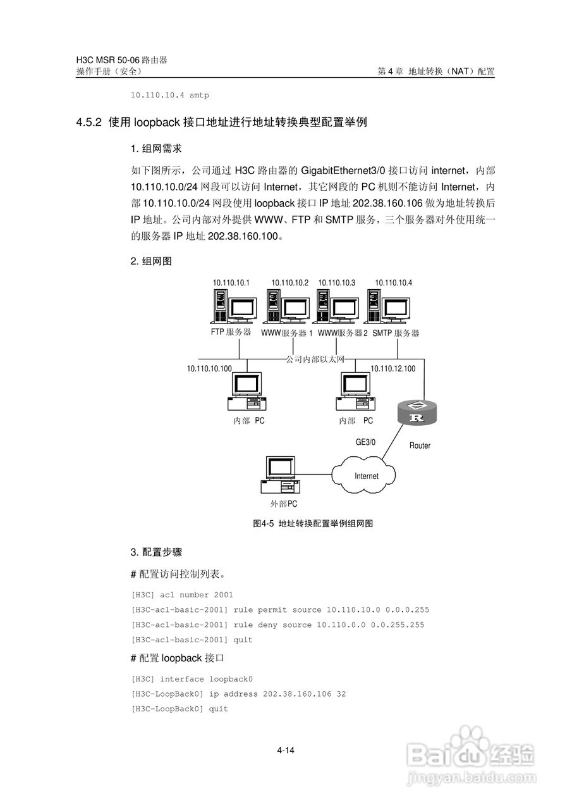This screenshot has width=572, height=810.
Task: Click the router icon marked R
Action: [416, 413]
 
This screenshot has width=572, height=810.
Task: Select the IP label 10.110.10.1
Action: [231, 283]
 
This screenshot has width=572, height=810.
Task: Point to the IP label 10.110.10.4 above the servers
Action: [393, 283]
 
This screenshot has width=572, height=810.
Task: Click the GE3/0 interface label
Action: [365, 442]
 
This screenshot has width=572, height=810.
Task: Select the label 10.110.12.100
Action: [392, 368]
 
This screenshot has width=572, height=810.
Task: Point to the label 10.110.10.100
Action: [209, 368]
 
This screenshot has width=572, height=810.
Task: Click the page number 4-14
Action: [286, 751]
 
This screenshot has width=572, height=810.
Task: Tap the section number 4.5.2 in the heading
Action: [89, 123]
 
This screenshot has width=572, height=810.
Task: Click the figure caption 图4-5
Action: [262, 523]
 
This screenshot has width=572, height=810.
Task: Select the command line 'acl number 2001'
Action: [182, 595]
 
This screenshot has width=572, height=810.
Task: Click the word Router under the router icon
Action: [420, 445]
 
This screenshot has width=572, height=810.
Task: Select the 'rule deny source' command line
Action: [277, 625]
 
